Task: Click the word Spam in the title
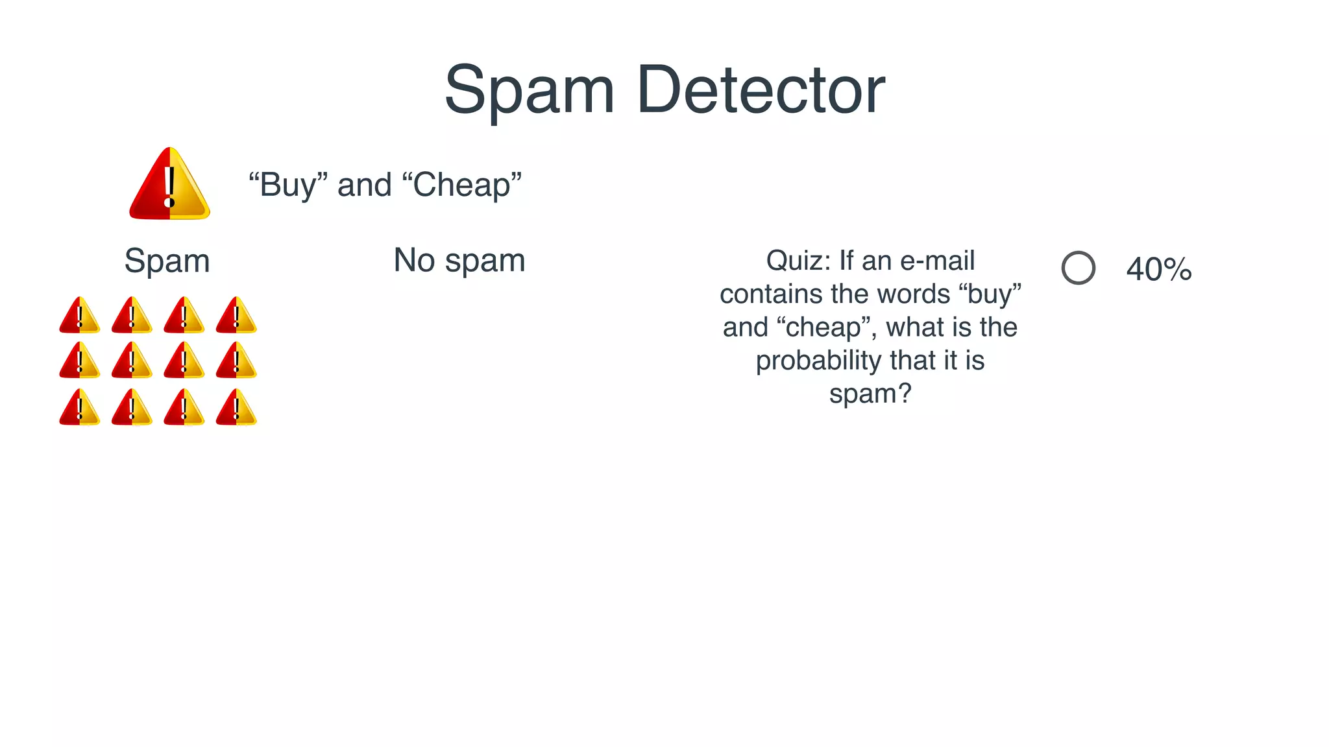point(529,91)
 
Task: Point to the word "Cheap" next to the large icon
point(462,185)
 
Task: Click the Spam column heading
point(167,261)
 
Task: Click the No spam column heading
point(459,261)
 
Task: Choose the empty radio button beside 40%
point(1078,268)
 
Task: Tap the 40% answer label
point(1159,269)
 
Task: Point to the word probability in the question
point(818,361)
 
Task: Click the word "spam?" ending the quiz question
point(870,394)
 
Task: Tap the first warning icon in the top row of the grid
point(79,316)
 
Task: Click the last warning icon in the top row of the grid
point(236,316)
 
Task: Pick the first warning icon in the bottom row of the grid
point(79,408)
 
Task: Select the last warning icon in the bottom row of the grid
point(236,408)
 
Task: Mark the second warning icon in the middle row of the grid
point(132,361)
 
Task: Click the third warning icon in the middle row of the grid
point(184,361)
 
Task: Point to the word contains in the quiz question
point(770,294)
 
